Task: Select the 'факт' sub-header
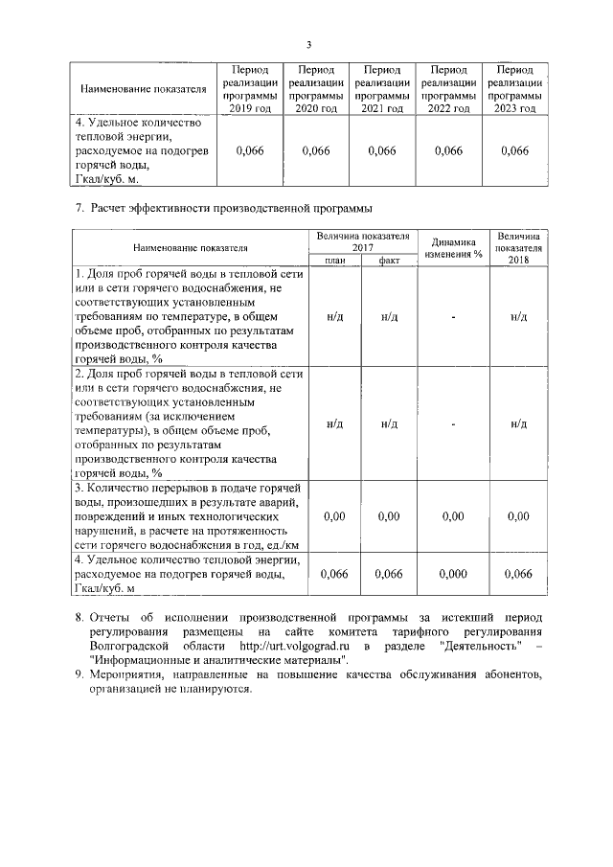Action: click(388, 260)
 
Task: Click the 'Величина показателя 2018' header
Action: click(518, 247)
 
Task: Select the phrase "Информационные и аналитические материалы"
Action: click(217, 660)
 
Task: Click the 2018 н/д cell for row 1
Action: click(518, 317)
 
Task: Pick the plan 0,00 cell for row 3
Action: click(333, 516)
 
